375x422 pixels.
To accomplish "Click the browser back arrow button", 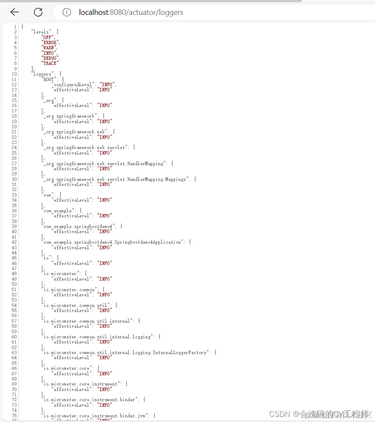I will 15,12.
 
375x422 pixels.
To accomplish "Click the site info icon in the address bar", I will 67,12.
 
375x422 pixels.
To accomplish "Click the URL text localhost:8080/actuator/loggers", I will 131,12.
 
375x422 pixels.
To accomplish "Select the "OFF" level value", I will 47,37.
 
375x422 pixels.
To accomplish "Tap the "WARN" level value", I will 49,48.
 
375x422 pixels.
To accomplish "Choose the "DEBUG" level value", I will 50,58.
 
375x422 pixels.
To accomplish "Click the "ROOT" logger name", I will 49,79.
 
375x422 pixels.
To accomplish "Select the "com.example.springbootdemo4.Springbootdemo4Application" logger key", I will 113,242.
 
